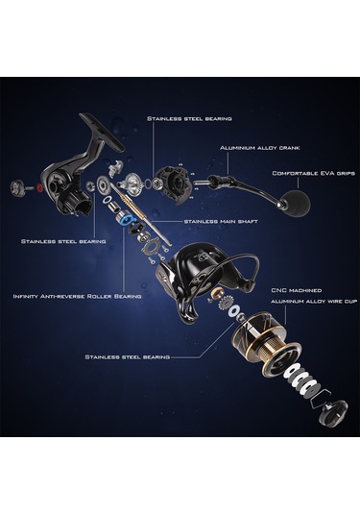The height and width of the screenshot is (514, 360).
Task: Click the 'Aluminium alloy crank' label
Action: tap(259, 148)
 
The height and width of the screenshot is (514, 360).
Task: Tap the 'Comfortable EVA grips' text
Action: tap(314, 173)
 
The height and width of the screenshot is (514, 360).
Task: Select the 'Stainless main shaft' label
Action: tap(221, 222)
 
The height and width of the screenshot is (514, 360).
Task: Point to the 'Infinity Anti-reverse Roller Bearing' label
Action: tap(78, 296)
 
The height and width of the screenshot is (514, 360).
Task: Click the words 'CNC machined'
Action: tap(297, 290)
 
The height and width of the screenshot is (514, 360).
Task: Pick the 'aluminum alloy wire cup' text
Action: tap(314, 302)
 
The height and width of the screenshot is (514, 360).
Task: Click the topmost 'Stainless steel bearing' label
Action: tap(189, 119)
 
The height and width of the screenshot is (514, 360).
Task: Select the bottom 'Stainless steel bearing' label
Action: tap(128, 356)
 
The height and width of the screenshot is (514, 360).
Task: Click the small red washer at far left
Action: tap(40, 188)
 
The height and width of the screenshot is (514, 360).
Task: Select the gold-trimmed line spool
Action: tap(262, 343)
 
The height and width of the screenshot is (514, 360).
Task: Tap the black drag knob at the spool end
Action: tap(333, 413)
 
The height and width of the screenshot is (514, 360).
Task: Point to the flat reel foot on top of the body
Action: tap(102, 131)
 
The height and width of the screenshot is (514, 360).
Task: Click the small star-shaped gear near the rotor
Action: tap(225, 304)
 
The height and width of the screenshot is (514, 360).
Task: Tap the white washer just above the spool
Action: tap(234, 311)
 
